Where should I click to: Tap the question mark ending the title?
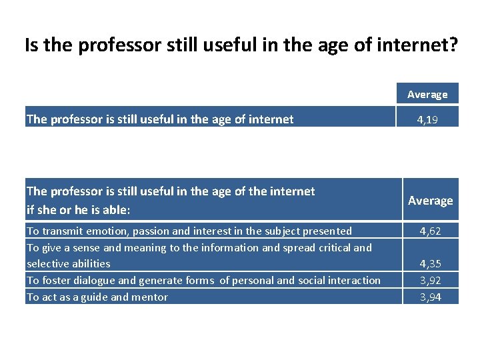click(x=453, y=45)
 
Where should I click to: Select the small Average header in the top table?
click(x=427, y=95)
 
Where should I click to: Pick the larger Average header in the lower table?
click(x=430, y=201)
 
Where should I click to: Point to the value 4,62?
click(x=430, y=231)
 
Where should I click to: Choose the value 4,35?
click(x=430, y=264)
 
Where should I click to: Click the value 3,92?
click(x=430, y=281)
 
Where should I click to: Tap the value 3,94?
click(x=430, y=297)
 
